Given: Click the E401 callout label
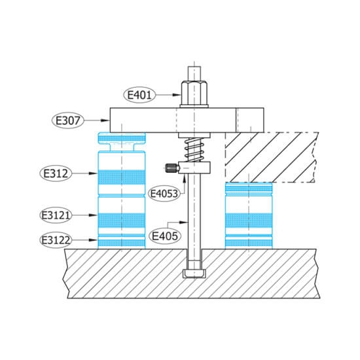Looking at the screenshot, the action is [x=139, y=95].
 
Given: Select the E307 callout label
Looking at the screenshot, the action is [x=68, y=120].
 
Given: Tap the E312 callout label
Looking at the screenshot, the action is [x=56, y=173].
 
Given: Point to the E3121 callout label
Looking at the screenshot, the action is [x=56, y=215].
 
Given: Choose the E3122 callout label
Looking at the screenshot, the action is [x=56, y=240].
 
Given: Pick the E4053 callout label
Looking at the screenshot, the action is [x=164, y=194].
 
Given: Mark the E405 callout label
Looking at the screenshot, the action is [x=165, y=236].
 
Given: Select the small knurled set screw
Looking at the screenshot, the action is [x=171, y=168].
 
